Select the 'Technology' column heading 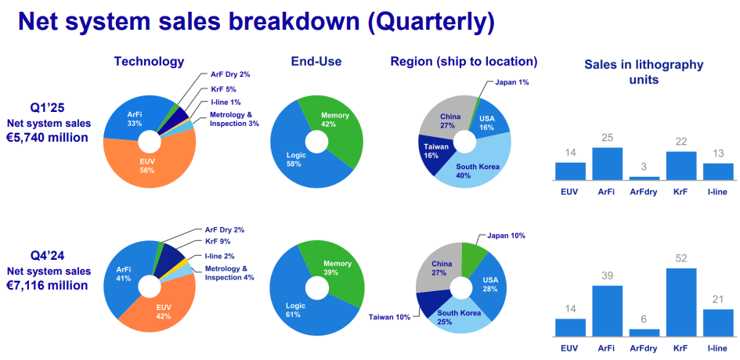pos(149,61)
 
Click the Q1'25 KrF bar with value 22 pos(680,166)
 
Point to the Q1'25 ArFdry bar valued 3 pos(644,178)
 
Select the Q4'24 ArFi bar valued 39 pos(607,311)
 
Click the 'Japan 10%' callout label pos(504,235)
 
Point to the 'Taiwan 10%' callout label pos(389,317)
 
